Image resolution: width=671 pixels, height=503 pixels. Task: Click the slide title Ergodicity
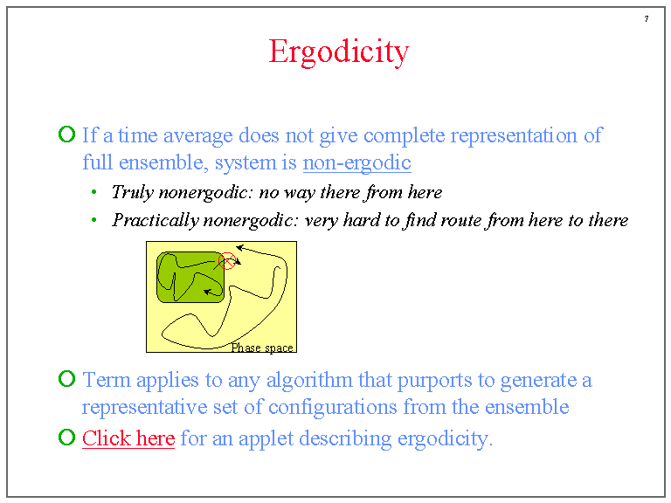pos(338,52)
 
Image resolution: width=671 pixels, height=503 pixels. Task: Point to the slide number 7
pos(647,19)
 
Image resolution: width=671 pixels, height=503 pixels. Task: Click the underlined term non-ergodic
pos(356,162)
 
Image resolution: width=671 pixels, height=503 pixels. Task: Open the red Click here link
pos(128,438)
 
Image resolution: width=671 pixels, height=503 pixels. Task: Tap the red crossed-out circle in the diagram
pos(226,260)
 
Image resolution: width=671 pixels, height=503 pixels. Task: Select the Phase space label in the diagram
pos(262,348)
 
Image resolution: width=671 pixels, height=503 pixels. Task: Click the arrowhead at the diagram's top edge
pos(239,249)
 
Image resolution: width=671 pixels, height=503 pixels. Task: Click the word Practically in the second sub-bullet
pos(155,220)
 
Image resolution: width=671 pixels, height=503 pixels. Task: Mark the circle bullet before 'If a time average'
pos(66,134)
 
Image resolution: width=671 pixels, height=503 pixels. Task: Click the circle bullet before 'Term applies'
pos(66,379)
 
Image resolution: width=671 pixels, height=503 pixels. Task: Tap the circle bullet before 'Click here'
pos(66,438)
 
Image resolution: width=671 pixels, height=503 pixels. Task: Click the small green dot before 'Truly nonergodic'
pos(93,192)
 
